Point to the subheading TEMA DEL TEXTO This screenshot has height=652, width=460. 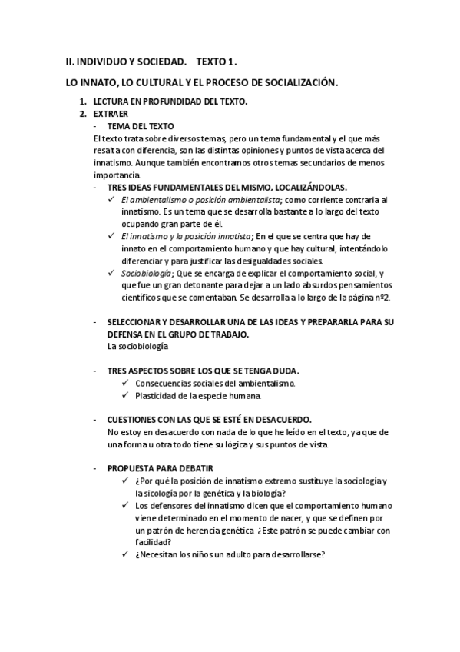coord(141,125)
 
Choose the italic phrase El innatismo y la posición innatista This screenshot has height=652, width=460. coord(186,236)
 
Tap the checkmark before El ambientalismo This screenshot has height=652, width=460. coord(112,199)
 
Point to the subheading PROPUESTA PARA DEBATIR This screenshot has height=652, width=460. coord(161,468)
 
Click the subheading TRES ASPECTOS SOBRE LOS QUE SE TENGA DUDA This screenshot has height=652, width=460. coord(203,371)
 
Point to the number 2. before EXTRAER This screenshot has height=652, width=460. coord(83,114)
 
